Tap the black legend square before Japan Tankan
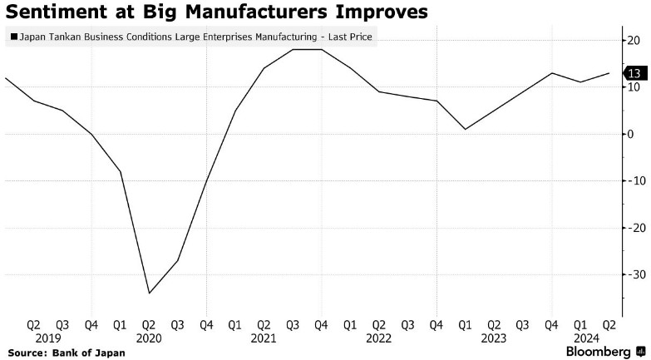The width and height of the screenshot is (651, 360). (12, 37)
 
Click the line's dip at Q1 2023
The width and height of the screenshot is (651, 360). (465, 129)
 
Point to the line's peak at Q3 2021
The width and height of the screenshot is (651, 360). (293, 50)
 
